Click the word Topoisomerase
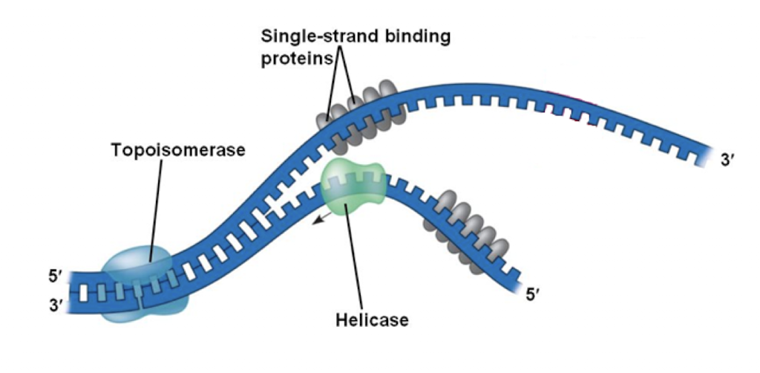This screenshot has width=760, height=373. [177, 150]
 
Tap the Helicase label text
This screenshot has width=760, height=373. [372, 320]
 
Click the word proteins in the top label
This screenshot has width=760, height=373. [295, 59]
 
